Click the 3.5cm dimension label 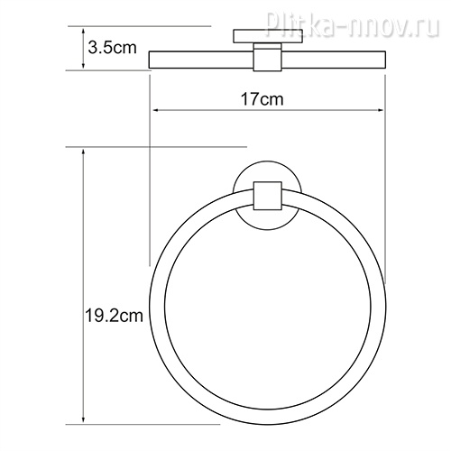click(112, 48)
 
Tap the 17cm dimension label click(262, 99)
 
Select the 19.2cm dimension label click(114, 316)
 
